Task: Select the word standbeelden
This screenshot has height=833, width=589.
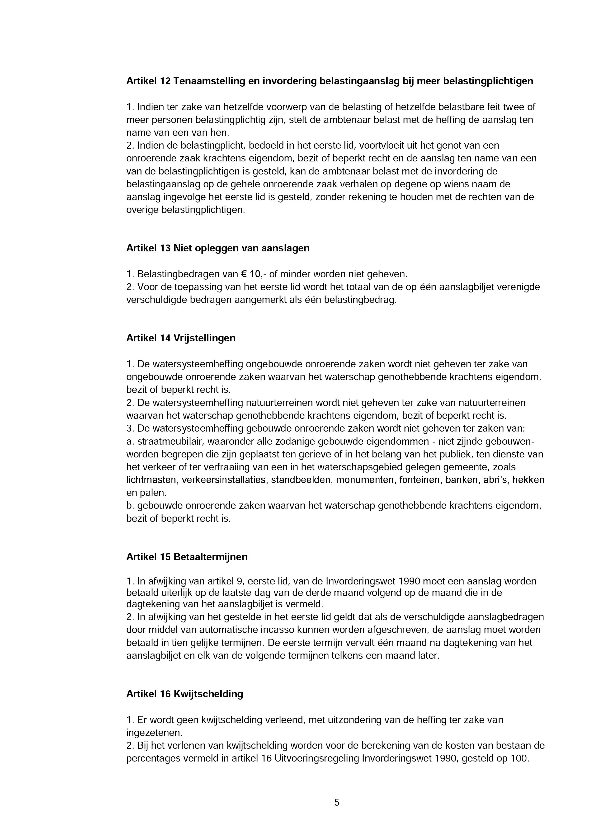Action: [301, 480]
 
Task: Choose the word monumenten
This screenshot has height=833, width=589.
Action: [365, 480]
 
